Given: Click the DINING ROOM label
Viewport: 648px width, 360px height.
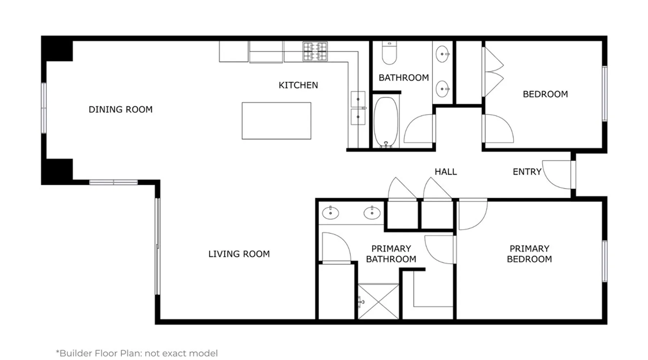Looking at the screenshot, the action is click(121, 109).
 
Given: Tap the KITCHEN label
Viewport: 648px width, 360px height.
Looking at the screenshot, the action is click(298, 85).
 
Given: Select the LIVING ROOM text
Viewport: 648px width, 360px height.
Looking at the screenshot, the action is click(239, 254).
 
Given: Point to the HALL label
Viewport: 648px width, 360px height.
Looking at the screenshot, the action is click(446, 172).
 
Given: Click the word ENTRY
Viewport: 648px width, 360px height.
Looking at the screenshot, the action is click(527, 172).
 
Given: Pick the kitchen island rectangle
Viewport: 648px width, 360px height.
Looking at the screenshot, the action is click(276, 121).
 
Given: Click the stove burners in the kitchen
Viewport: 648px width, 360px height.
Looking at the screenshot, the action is click(315, 51).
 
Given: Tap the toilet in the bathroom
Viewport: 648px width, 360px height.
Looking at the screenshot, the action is click(389, 53).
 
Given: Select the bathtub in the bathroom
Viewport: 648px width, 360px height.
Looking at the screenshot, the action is click(386, 122).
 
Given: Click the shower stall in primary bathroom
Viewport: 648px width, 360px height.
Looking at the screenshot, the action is click(379, 302).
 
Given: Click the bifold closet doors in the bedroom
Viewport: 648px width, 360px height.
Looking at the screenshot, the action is click(493, 72).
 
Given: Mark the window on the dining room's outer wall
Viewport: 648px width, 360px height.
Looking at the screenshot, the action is click(44, 108).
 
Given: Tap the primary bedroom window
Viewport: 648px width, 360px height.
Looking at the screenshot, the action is click(605, 261).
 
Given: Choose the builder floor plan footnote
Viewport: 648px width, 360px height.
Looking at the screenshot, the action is click(137, 353).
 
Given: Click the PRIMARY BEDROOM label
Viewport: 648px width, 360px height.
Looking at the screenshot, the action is click(529, 254).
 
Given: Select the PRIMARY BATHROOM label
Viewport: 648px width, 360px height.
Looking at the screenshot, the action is click(391, 254).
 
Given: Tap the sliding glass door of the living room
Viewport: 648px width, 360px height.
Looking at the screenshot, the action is click(157, 247).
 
